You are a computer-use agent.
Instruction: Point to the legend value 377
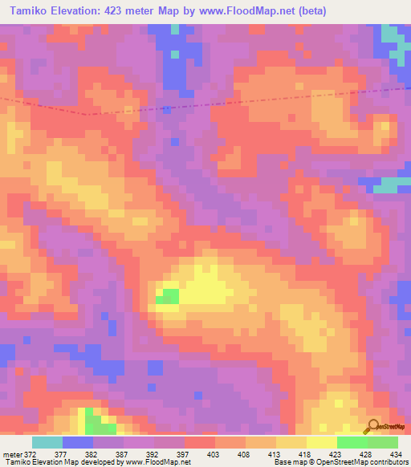coord(61,454)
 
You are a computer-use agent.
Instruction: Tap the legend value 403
coord(215,454)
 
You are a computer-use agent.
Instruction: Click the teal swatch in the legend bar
coord(47,442)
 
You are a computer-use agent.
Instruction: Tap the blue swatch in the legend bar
coord(77,442)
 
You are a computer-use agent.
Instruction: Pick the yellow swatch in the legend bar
coord(321,442)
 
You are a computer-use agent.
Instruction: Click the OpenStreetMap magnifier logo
coord(372,426)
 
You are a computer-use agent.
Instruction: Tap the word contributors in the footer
coord(387,463)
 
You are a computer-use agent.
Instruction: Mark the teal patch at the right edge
coord(389,185)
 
